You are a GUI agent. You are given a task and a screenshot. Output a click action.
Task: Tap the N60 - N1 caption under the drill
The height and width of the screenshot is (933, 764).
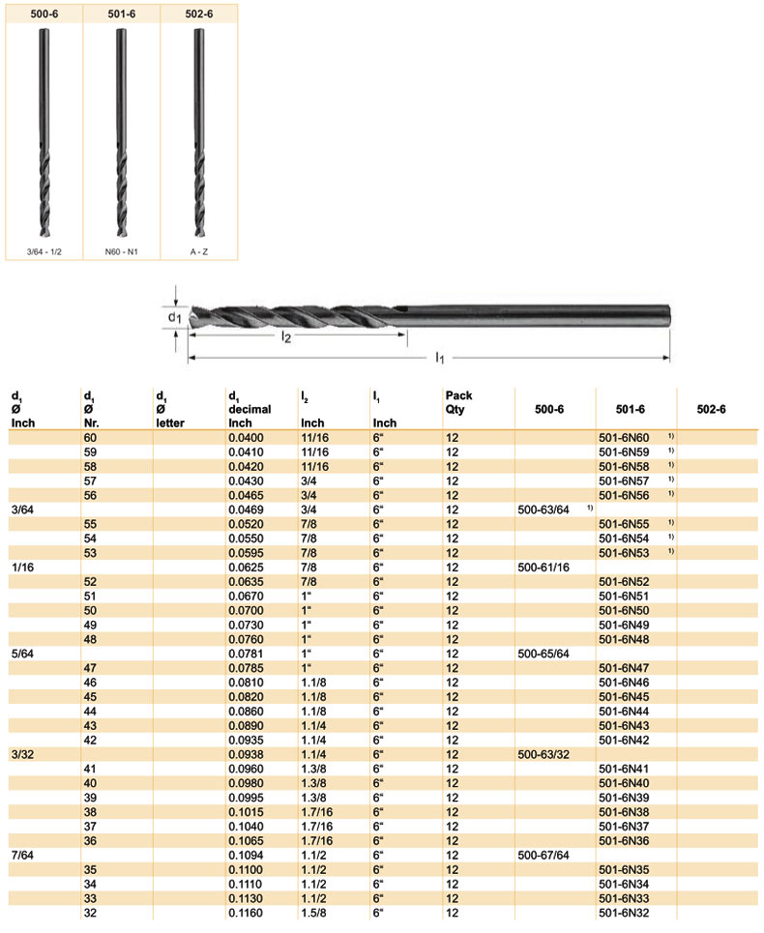click(121, 251)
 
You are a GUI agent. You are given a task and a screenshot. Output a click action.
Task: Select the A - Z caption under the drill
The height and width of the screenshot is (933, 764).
click(198, 251)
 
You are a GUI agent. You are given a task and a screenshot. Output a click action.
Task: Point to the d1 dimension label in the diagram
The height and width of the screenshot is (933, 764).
click(174, 317)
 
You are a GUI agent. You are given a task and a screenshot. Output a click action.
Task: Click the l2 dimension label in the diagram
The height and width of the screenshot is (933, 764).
click(286, 337)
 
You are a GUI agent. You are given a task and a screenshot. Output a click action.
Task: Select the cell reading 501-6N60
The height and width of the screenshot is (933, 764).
click(624, 438)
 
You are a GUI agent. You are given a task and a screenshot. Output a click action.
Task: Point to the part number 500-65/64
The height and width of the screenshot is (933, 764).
click(544, 655)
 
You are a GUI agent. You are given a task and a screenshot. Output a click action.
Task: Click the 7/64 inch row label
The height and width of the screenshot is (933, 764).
click(22, 856)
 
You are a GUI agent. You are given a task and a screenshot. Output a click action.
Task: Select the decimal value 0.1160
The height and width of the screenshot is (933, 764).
click(246, 913)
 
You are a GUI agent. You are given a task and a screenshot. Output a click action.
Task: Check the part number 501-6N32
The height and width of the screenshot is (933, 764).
click(624, 913)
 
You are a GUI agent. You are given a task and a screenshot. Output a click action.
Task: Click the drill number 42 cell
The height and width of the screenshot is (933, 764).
click(92, 739)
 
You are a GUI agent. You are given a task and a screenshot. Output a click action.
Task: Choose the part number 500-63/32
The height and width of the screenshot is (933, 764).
click(544, 753)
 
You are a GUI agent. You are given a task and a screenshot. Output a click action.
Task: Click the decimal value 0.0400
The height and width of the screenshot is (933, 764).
click(246, 438)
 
